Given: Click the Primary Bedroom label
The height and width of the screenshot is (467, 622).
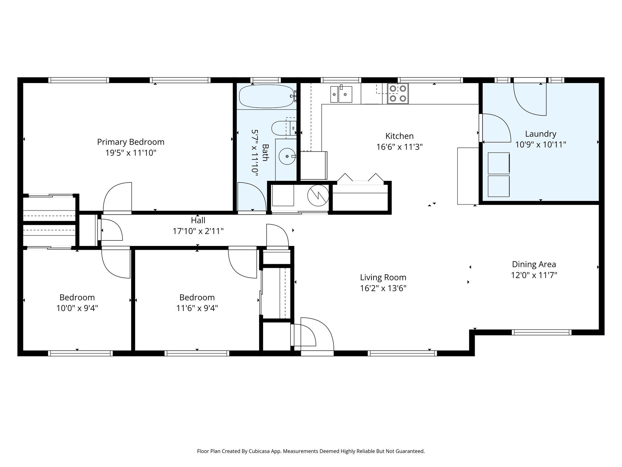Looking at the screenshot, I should pos(131,142).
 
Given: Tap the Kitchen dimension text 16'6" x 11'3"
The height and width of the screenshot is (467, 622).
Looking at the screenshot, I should pos(399,147).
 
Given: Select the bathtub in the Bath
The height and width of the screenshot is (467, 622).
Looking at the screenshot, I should pos(266,96).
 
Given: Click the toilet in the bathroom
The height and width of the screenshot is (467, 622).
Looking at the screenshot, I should pos(281,128).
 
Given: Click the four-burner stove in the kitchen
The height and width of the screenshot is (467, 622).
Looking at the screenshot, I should pos(398,93).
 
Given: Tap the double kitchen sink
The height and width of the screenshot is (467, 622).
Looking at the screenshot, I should pos(341,94).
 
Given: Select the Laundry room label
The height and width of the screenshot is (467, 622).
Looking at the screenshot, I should pos(541,134).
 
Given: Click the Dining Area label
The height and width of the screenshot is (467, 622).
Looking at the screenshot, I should pos(534,264).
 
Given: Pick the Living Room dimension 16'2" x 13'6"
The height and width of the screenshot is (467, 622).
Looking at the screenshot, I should pos(383,288).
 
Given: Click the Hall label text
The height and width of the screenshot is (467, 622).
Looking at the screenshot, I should pos(198,220).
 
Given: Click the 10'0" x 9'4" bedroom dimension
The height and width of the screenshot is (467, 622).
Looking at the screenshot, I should pos(77,308).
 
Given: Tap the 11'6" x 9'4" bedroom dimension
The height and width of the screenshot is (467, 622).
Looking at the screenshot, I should pos(197,308).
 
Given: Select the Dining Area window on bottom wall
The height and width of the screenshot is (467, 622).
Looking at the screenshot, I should pos(542,332).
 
